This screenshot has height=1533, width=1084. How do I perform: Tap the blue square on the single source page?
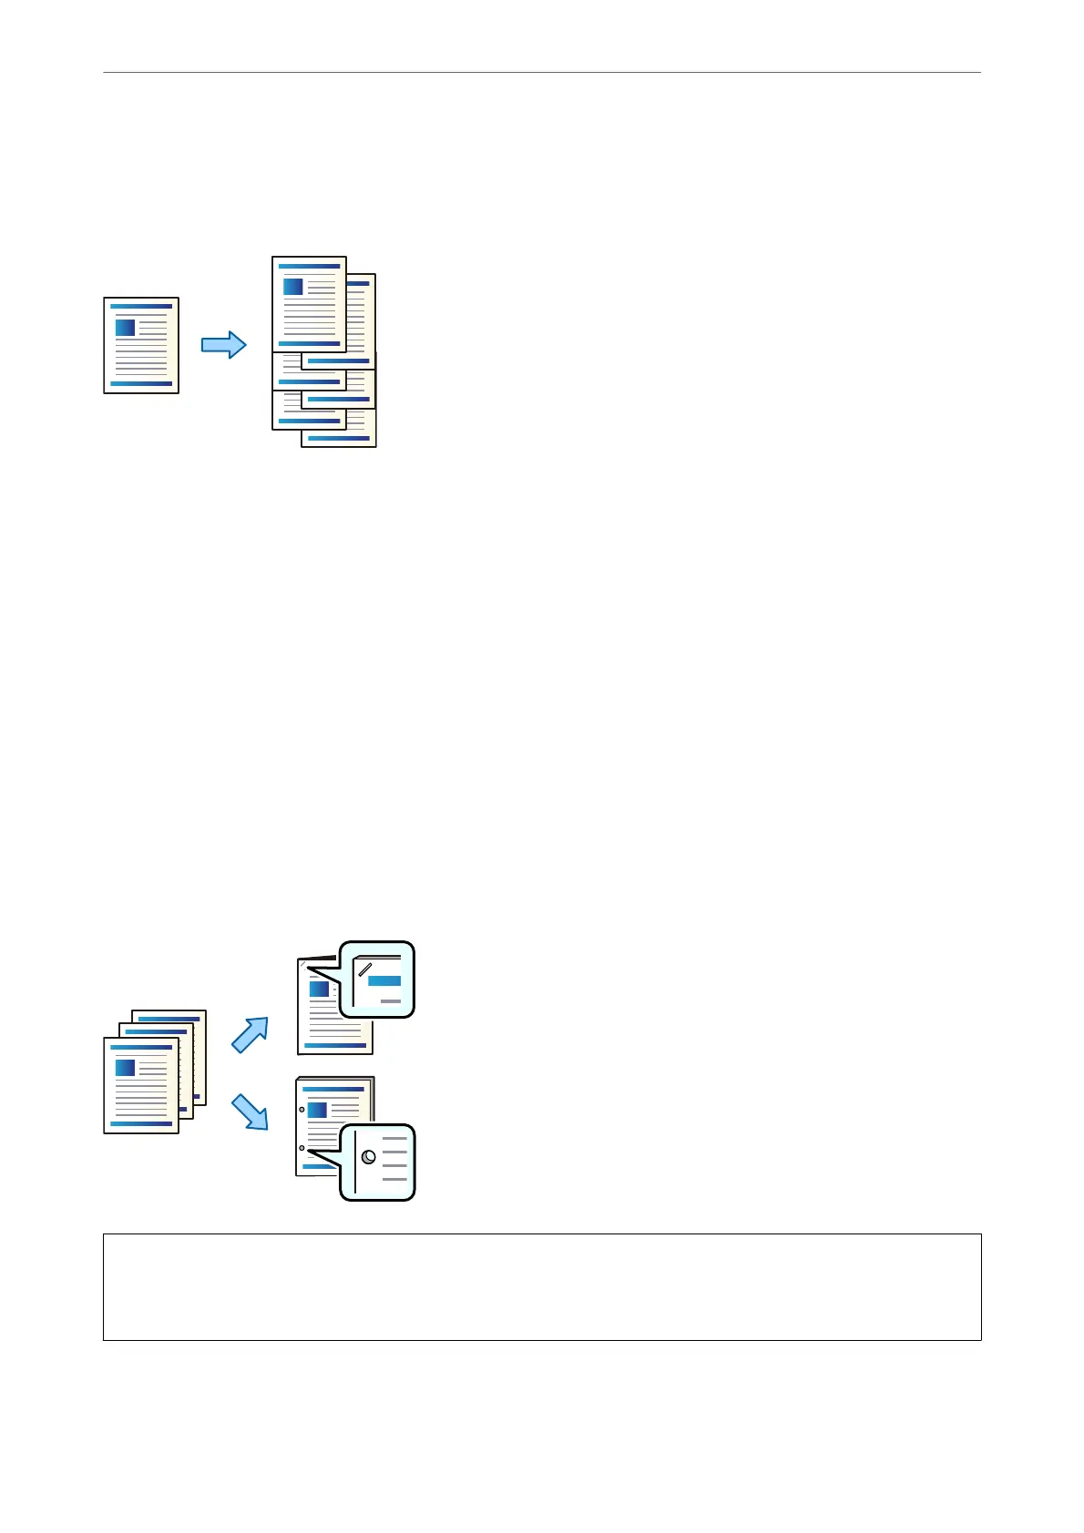(x=126, y=328)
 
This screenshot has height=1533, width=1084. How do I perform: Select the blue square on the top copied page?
(x=293, y=287)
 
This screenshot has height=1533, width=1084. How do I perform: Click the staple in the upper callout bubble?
(x=364, y=969)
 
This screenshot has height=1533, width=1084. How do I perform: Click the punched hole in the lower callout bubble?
(x=369, y=1157)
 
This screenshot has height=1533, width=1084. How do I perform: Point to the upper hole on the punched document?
(x=302, y=1110)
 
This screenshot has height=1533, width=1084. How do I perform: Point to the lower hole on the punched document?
(x=302, y=1149)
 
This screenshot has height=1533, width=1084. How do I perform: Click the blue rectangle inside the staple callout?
(x=384, y=981)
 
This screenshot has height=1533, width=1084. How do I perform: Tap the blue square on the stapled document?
(x=320, y=990)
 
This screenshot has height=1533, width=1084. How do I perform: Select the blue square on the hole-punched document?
(x=318, y=1110)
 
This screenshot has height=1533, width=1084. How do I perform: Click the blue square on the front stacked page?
(x=126, y=1068)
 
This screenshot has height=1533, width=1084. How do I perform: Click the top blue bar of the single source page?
(x=141, y=307)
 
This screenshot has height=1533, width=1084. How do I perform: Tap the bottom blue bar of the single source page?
(x=141, y=384)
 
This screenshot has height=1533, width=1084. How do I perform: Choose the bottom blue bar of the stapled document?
(x=335, y=1045)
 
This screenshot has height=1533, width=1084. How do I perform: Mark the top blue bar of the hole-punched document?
(x=333, y=1089)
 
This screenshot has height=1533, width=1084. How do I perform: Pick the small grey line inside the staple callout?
(x=391, y=1001)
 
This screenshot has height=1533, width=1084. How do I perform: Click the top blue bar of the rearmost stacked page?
(x=169, y=1019)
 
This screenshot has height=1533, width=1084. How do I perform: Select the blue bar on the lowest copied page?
(x=339, y=439)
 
